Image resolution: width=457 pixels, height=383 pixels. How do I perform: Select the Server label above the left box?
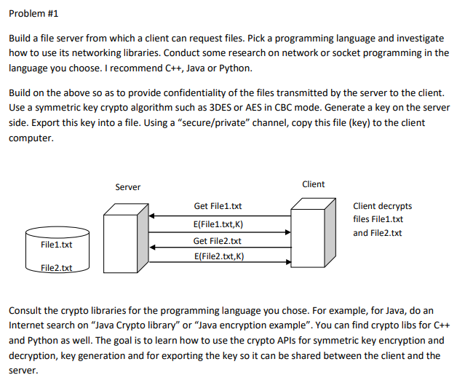click(x=128, y=187)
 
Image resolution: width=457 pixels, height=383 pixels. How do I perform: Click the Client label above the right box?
click(x=313, y=183)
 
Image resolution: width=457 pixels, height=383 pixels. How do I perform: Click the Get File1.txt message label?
click(x=218, y=207)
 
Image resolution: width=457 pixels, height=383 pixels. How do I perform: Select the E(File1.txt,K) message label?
click(x=218, y=224)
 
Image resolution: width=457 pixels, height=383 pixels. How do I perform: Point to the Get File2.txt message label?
click(x=218, y=241)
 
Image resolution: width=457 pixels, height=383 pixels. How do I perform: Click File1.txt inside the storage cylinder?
click(x=56, y=245)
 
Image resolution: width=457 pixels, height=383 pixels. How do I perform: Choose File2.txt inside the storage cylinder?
click(x=56, y=268)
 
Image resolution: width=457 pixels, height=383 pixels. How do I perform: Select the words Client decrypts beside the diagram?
click(x=382, y=206)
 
